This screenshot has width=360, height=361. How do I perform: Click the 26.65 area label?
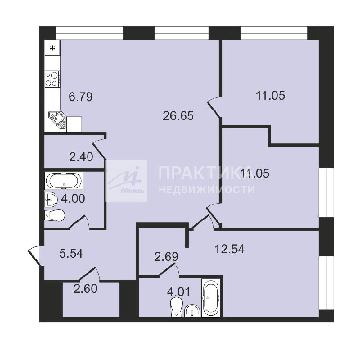click(x=178, y=116)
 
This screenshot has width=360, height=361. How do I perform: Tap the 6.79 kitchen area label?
click(x=80, y=96)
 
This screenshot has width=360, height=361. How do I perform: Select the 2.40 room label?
click(x=81, y=157)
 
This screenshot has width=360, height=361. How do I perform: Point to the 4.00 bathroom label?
click(x=72, y=198)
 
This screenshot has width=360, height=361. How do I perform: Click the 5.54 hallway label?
click(x=71, y=253)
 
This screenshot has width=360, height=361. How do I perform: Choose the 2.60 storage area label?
click(x=86, y=289)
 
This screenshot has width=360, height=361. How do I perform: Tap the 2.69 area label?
click(x=166, y=257)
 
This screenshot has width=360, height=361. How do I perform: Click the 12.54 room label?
click(x=229, y=249)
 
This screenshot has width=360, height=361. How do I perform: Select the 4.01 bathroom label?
click(x=179, y=292)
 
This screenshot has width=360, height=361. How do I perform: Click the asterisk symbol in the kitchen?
click(x=53, y=48)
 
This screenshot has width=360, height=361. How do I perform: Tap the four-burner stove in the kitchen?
click(x=53, y=79)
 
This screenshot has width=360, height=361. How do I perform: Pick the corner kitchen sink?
click(x=57, y=120)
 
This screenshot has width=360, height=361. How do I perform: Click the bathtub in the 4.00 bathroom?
click(x=64, y=180)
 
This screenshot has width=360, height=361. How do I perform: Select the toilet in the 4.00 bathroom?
click(x=55, y=215)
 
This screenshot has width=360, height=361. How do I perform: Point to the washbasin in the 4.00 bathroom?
click(x=51, y=199)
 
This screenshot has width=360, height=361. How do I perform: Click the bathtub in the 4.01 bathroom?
click(x=210, y=298)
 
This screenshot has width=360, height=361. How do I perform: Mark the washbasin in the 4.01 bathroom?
click(x=192, y=311)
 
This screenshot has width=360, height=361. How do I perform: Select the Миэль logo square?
click(x=126, y=180)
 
